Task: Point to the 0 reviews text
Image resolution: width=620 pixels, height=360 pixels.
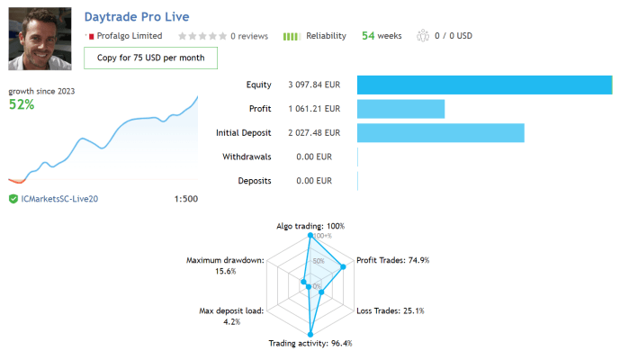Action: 249,36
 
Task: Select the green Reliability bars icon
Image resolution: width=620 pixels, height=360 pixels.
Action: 292,36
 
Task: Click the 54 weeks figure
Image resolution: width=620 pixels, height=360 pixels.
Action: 382,36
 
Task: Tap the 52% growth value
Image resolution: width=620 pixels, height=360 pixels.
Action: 22,104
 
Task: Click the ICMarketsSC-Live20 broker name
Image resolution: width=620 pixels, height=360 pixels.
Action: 58,198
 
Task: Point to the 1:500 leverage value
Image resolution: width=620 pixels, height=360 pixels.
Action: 184,198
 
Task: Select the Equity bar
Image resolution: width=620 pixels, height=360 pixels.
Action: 484,85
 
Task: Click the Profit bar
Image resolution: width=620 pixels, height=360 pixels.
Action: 400,109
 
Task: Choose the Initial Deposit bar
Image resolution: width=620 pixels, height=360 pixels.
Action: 440,133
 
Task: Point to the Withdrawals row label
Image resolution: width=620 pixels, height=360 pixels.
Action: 247,157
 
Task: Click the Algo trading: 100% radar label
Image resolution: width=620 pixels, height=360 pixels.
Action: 310,226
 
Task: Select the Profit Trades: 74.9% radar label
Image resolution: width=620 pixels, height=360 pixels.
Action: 393,260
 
